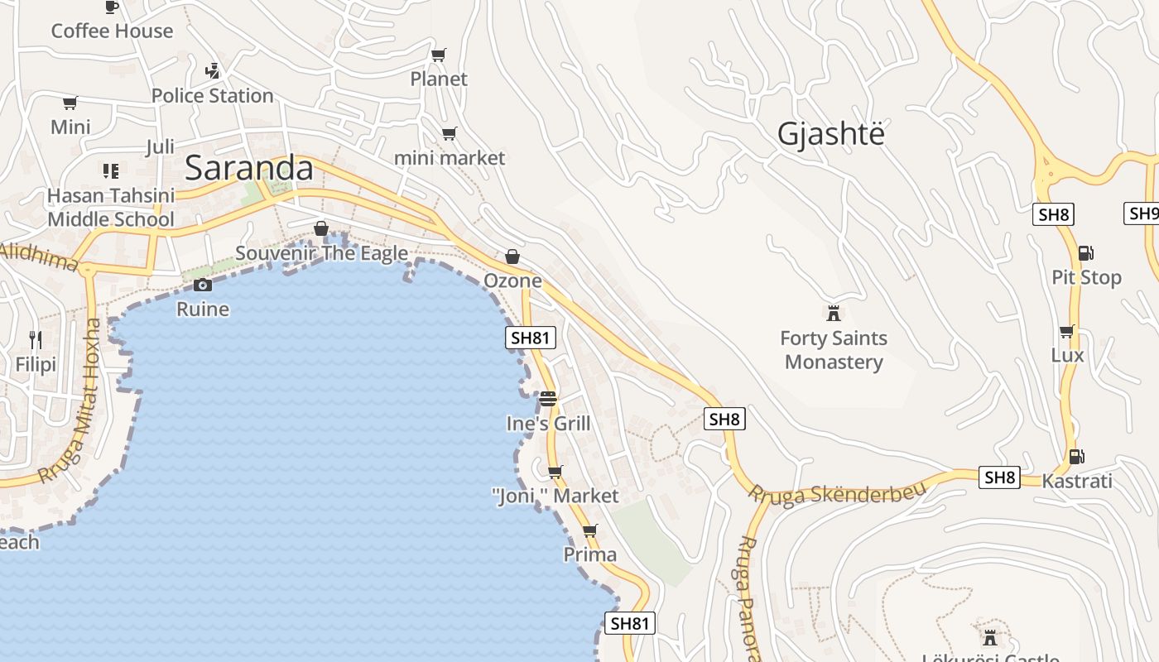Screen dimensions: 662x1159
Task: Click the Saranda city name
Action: (x=248, y=168)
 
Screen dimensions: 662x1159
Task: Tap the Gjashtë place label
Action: (x=830, y=134)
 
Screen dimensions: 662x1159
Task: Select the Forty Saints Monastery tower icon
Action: (x=834, y=313)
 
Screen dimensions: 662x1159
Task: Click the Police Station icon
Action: (x=213, y=71)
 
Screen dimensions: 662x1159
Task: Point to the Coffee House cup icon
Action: (x=112, y=7)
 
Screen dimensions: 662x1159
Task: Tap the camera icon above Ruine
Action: (x=203, y=285)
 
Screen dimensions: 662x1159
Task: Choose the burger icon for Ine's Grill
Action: (x=547, y=399)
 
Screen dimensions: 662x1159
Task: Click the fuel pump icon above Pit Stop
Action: (x=1085, y=252)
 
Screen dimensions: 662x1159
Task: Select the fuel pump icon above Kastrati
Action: (x=1076, y=456)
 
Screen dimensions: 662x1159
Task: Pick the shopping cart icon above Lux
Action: (x=1066, y=331)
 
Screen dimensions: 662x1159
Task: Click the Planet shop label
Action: (x=439, y=79)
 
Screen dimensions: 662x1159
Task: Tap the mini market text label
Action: (x=450, y=157)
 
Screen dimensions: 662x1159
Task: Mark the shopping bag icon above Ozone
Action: (x=512, y=257)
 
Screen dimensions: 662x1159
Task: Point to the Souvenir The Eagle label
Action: (x=321, y=253)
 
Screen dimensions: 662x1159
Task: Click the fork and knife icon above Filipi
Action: (x=36, y=339)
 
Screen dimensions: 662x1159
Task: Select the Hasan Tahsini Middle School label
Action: (x=111, y=207)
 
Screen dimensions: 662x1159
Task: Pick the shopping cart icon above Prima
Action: (x=589, y=530)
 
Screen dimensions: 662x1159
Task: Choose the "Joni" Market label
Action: (x=555, y=496)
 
